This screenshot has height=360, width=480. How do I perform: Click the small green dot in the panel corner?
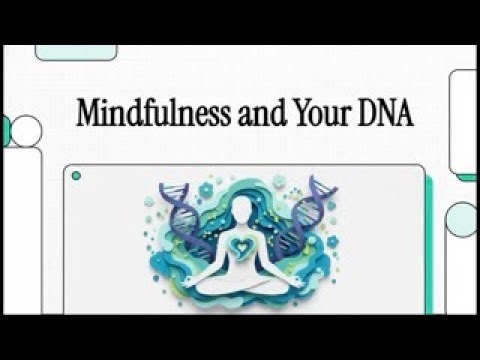pyautogui.click(x=76, y=176)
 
